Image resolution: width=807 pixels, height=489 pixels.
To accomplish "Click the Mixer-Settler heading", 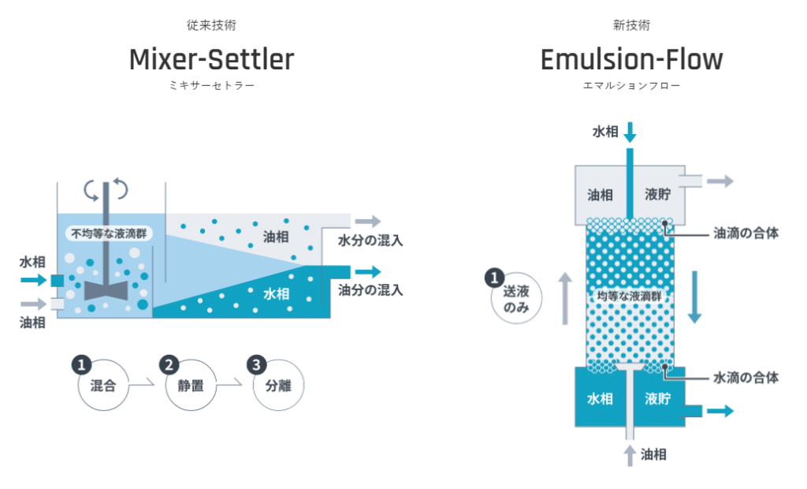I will (211, 59).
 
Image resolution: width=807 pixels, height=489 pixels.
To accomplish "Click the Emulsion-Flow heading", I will (630, 59).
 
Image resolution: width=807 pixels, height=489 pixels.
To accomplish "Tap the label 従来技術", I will (211, 26).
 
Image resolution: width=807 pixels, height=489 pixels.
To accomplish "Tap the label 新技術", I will (630, 26).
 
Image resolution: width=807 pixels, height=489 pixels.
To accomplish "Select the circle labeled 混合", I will (102, 386).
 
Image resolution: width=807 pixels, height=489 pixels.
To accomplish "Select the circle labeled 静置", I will (190, 386).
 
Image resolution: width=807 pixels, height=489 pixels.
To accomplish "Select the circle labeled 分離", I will (277, 386).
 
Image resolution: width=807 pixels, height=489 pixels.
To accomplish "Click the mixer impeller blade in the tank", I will (105, 289).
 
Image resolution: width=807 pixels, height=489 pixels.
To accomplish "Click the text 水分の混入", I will (370, 241).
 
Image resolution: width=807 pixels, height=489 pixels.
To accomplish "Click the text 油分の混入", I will (370, 290).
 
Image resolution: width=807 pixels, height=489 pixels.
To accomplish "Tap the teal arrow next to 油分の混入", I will (367, 272).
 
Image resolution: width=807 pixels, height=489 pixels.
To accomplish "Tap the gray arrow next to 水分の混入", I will (367, 222).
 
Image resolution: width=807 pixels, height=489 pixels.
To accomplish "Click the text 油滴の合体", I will (746, 233).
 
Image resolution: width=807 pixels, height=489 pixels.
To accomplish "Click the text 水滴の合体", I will (746, 378).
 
